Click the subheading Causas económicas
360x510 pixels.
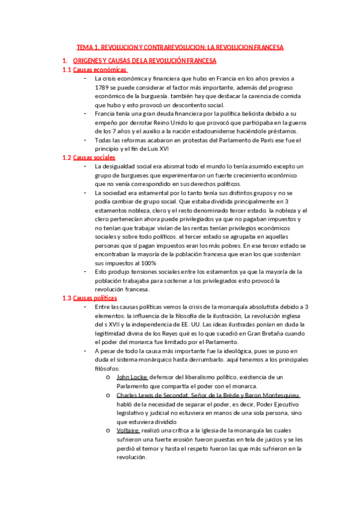(x=99, y=70)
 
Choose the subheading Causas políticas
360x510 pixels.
(x=95, y=298)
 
